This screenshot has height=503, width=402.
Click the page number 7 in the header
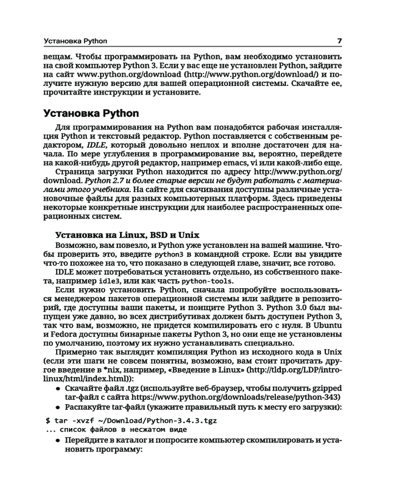(x=340, y=40)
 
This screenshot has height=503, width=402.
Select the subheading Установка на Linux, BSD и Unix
(x=127, y=234)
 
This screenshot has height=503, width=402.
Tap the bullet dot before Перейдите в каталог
(x=58, y=441)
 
